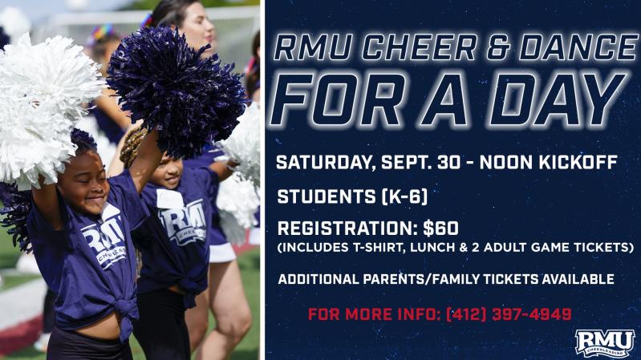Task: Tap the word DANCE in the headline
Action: point(578,48)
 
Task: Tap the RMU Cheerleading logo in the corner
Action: point(605,342)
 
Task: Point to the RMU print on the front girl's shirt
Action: point(103,238)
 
